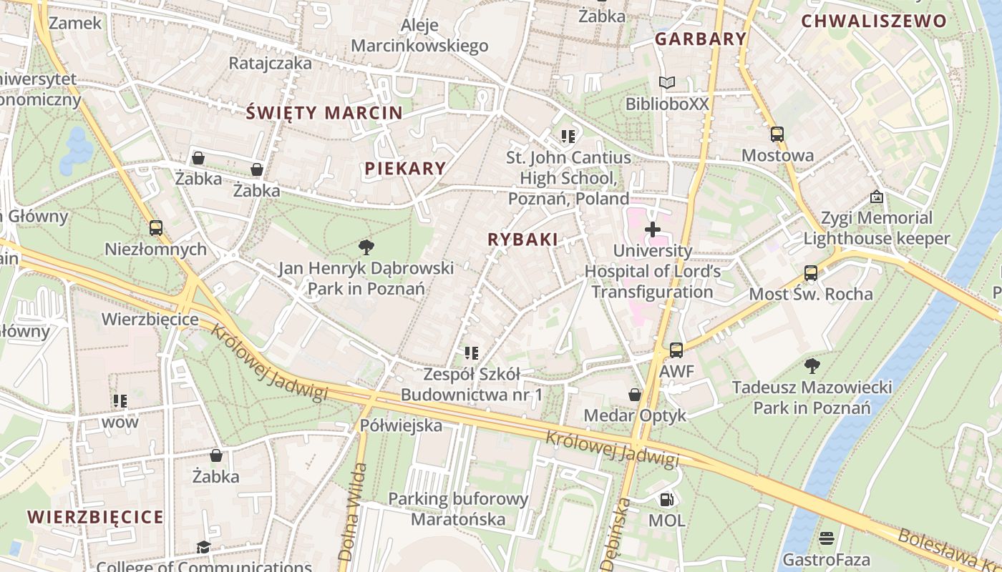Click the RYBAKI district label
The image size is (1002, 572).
tap(522, 240)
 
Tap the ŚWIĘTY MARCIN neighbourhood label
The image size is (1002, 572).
tap(324, 112)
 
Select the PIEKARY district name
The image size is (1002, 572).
tap(405, 169)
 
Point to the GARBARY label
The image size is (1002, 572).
tap(701, 39)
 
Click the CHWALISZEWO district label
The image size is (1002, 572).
tap(873, 21)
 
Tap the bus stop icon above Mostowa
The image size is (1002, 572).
tap(777, 134)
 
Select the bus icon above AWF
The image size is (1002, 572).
tap(676, 350)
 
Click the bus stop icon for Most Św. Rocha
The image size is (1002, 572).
tap(810, 272)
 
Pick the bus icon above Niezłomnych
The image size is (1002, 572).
tap(155, 228)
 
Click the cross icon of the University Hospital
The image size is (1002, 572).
tap(653, 230)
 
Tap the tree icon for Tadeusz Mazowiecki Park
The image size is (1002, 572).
tap(812, 366)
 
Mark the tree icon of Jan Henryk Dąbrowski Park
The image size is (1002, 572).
tap(366, 247)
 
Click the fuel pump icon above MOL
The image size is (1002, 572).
tap(666, 500)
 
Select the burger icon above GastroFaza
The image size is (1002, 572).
tap(827, 538)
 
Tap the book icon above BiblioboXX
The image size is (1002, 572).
tap(667, 83)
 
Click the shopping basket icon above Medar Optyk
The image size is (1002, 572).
tap(634, 395)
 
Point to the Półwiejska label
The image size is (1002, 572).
tap(401, 425)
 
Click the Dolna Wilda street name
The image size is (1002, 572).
tap(351, 511)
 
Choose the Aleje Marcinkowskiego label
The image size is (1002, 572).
tap(419, 36)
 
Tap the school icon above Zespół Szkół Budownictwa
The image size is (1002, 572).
tap(471, 352)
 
